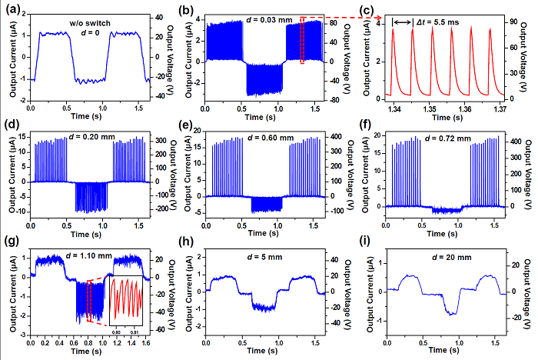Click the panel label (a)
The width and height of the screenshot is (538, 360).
click(x=12, y=8)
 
